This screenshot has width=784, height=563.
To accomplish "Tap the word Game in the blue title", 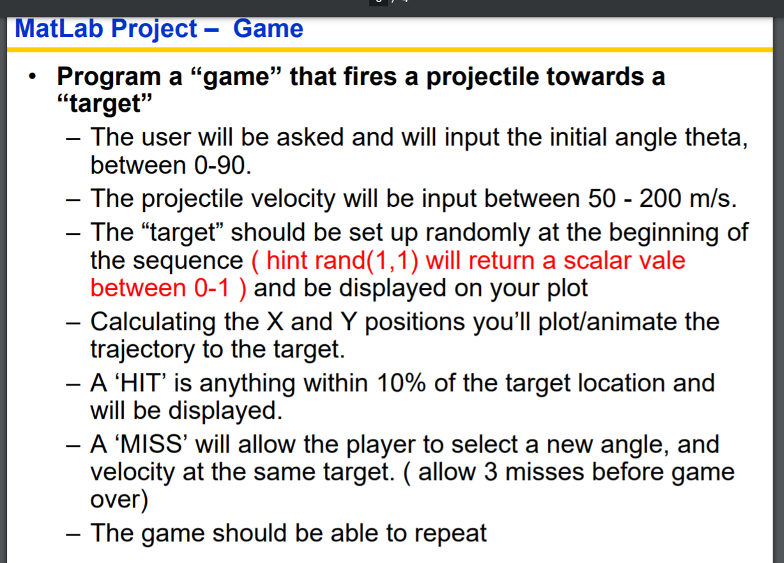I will point(268,29).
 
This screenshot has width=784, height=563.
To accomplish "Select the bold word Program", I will point(107,77).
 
